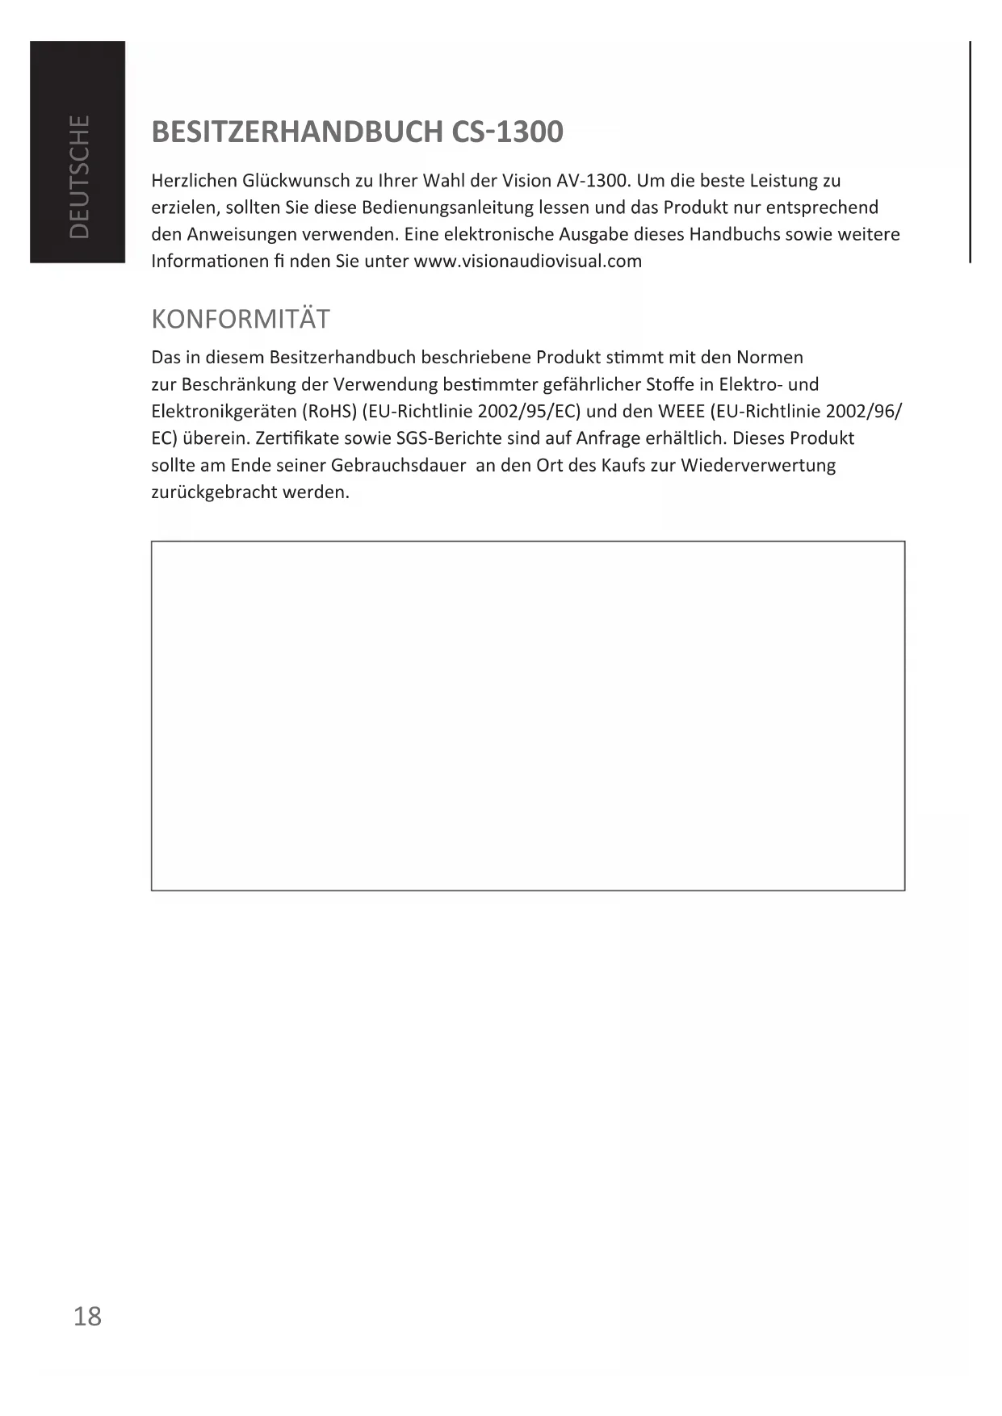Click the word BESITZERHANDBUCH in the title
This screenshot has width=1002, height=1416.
click(x=296, y=132)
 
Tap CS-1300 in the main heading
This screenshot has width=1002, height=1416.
click(x=507, y=132)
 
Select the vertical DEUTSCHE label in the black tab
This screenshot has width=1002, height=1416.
click(x=79, y=176)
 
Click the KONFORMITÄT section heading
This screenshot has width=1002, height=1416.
click(x=241, y=319)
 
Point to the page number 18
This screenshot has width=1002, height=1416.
click(x=87, y=1316)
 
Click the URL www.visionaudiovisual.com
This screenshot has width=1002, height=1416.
click(x=527, y=261)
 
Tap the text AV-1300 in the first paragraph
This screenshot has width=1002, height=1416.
click(x=593, y=180)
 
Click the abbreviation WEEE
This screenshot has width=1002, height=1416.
click(x=681, y=411)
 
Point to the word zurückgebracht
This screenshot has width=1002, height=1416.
click(x=214, y=492)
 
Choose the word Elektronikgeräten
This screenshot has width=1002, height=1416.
click(x=224, y=411)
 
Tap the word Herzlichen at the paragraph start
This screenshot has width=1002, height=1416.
click(x=194, y=180)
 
